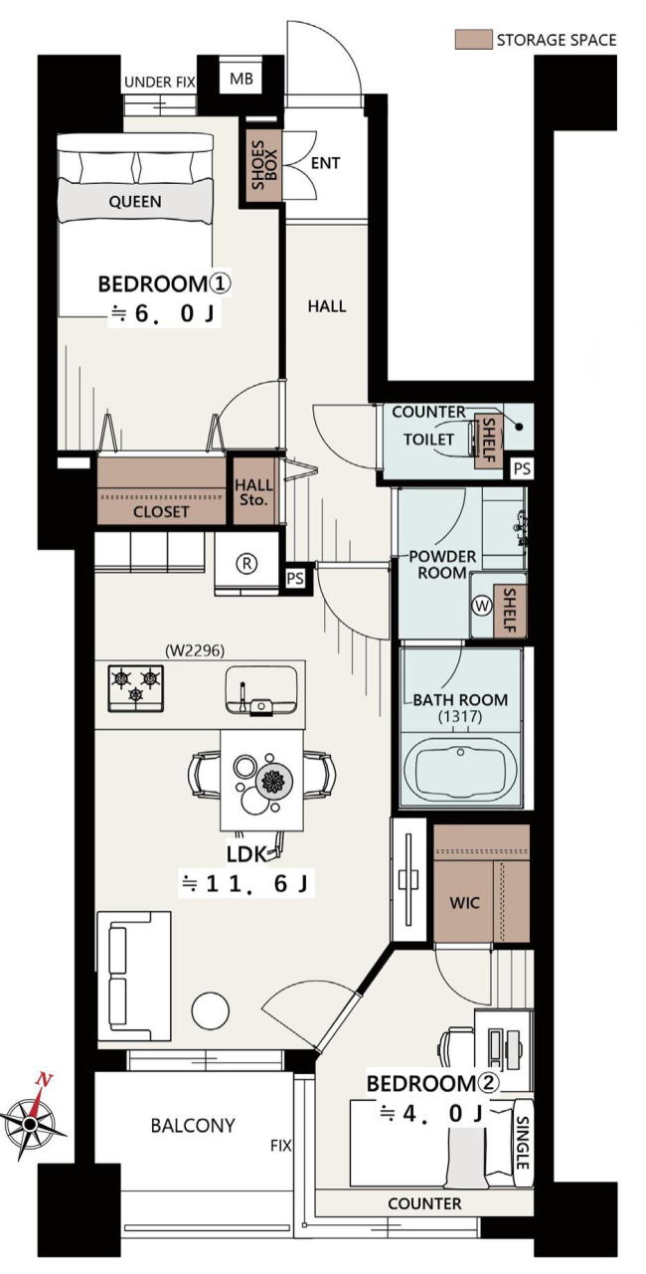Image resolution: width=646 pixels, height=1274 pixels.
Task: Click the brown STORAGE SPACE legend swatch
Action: point(473,40)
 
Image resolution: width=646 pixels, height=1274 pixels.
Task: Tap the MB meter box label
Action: point(241,79)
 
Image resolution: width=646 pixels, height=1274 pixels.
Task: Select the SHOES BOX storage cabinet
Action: point(263,165)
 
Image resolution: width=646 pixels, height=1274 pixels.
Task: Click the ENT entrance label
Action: point(326,163)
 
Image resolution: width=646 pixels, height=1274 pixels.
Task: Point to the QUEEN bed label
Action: point(135,201)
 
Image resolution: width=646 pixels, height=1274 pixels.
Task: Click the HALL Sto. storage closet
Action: point(254,492)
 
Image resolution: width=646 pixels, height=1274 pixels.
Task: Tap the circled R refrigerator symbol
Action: point(247,564)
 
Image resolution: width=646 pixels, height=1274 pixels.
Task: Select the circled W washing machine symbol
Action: point(482,605)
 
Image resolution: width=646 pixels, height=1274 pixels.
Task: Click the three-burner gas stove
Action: point(136,688)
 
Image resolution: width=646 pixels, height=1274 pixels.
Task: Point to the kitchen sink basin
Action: point(261,691)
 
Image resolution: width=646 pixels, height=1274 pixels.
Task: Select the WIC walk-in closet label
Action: point(464,903)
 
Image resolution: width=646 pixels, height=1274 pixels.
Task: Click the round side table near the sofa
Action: point(211,1010)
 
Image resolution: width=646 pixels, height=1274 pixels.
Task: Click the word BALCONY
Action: point(193,1126)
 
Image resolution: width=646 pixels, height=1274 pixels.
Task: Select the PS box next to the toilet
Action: point(522,468)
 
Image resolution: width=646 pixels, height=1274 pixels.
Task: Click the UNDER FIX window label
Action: point(160,83)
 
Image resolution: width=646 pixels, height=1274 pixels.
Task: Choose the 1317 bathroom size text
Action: point(460,717)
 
